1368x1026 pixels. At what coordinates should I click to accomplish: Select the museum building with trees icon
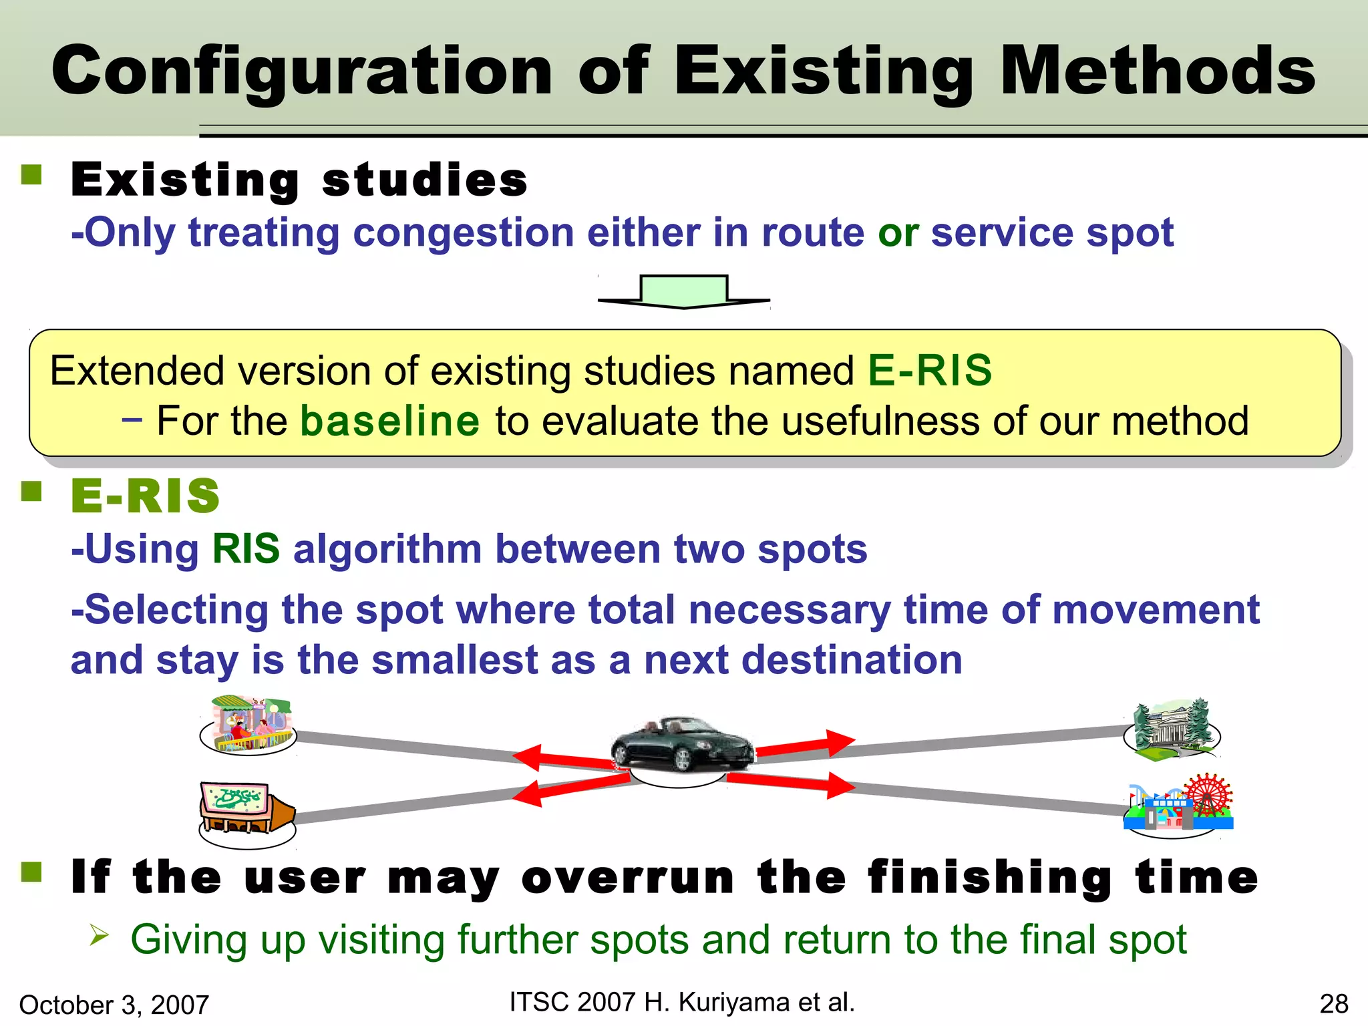tap(1172, 731)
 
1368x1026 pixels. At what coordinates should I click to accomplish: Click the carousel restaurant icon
tap(249, 725)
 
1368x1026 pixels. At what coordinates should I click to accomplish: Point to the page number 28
tap(1334, 1004)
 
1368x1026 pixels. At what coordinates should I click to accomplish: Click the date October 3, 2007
tap(114, 1005)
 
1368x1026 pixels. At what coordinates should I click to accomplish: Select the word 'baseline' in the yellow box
tap(390, 421)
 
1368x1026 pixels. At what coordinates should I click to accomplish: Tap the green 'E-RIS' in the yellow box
tap(930, 371)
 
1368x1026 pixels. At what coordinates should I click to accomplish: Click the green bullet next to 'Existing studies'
tap(31, 175)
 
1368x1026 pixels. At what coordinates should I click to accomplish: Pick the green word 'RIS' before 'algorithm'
tap(246, 549)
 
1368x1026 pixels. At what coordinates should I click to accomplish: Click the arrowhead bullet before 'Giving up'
tap(99, 935)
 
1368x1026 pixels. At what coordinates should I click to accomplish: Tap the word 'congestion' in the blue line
tap(464, 233)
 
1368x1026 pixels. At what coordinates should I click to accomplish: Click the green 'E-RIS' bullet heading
tap(146, 496)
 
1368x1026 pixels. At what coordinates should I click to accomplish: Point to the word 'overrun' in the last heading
tap(628, 877)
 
